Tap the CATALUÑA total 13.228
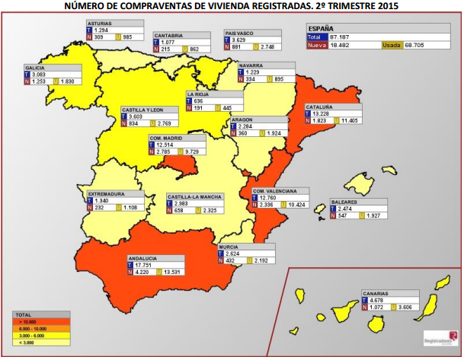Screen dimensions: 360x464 click(x=323, y=114)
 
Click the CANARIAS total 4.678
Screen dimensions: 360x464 click(x=379, y=300)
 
